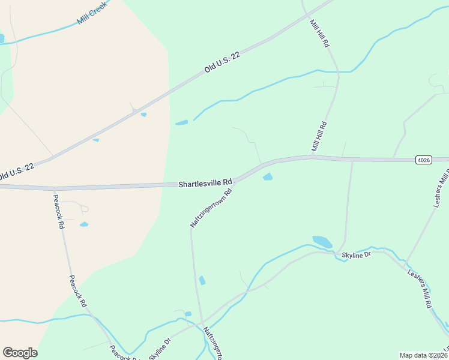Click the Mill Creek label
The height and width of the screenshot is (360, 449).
coord(91,13)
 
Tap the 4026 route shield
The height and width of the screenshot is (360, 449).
coord(423,160)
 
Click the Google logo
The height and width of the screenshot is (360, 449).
coord(20,353)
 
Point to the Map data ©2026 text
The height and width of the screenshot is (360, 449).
coord(423,355)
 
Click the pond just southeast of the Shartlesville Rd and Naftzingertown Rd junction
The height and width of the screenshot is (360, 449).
coord(268,176)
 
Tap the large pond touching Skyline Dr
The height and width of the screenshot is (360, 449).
coord(322,242)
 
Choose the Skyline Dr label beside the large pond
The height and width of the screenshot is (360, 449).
coord(357,255)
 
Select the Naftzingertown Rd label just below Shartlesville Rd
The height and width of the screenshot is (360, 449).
coord(211,209)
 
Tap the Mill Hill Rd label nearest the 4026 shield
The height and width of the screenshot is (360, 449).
coord(318,137)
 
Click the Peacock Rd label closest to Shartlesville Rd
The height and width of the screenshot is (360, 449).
coord(58,212)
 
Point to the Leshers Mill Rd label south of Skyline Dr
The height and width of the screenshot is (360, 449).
coord(420,289)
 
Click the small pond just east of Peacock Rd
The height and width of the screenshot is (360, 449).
coord(83,224)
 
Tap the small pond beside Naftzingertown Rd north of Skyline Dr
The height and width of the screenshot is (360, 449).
coord(202,280)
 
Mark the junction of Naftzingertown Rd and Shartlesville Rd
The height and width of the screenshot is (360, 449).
coord(235,182)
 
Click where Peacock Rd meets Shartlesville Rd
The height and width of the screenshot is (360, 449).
coord(53,188)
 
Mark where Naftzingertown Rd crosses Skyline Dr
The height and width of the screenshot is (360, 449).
coord(202,323)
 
